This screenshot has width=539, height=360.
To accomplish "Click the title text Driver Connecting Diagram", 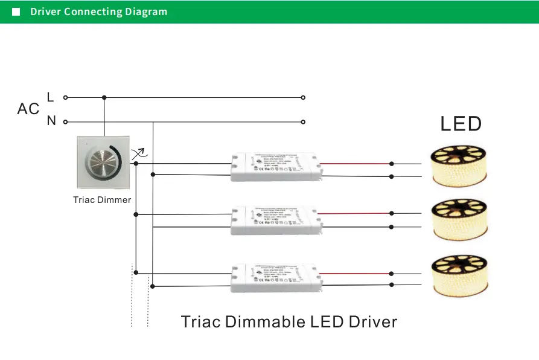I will [x=98, y=12].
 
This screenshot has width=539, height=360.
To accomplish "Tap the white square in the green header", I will [x=16, y=12].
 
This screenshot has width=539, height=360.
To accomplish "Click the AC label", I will [x=28, y=109].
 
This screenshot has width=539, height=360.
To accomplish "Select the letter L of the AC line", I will [x=50, y=97].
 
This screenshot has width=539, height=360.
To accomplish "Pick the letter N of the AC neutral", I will [x=51, y=121].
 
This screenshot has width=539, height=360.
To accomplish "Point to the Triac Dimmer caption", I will [x=102, y=200].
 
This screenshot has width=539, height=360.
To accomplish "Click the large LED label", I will [x=461, y=124].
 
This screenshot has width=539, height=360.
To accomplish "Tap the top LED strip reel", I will [x=459, y=166].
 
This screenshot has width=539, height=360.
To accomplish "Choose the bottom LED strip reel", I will [x=459, y=275].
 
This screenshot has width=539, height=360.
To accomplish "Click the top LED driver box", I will [x=275, y=167].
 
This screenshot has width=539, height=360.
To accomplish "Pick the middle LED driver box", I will [x=275, y=220].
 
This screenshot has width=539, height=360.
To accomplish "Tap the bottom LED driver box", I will [x=275, y=278].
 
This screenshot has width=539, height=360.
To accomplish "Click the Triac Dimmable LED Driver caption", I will [x=289, y=321].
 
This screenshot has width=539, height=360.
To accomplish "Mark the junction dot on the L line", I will [x=104, y=97].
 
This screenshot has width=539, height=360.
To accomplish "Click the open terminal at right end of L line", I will [x=303, y=97].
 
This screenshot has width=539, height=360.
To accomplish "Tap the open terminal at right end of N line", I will [x=303, y=121].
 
